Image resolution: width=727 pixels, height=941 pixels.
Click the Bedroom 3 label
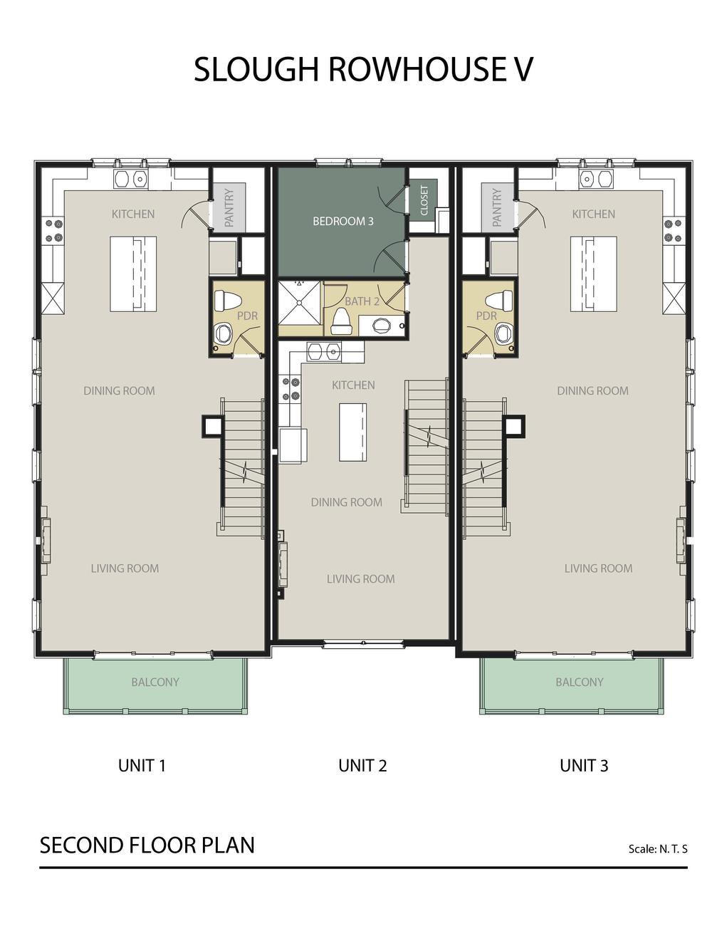click(x=342, y=222)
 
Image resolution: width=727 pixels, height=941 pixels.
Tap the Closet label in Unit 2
click(x=424, y=200)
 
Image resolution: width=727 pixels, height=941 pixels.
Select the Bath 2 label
click(x=362, y=301)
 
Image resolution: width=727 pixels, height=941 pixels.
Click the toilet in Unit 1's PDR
click(x=228, y=300)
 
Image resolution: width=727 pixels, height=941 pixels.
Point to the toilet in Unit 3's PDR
click(x=499, y=300)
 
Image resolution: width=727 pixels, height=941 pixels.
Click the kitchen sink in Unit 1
click(x=131, y=178)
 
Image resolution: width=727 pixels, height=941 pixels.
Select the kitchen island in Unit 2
click(x=352, y=432)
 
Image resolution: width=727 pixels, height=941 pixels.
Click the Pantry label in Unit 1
click(x=229, y=207)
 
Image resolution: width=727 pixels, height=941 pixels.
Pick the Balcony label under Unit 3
click(x=579, y=682)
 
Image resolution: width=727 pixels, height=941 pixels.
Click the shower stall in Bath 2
click(x=300, y=303)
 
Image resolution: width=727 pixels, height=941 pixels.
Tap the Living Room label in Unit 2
click(x=360, y=579)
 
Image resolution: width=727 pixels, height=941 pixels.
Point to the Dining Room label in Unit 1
click(x=119, y=391)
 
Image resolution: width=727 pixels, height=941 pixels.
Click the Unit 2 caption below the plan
click(x=362, y=766)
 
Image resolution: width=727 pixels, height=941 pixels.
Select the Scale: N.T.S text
click(x=658, y=849)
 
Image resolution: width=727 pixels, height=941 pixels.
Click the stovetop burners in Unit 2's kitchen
click(x=291, y=389)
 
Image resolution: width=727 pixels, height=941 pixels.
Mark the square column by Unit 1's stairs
click(x=212, y=427)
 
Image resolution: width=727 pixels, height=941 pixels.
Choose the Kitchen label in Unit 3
click(x=593, y=214)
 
